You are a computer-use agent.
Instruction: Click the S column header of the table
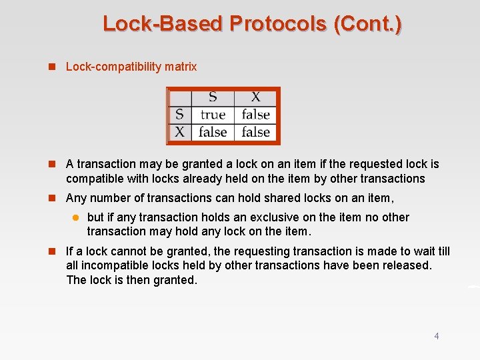click(213, 97)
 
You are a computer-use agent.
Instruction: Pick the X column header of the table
click(256, 97)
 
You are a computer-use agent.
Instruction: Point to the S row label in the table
click(179, 115)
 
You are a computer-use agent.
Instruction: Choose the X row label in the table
click(179, 132)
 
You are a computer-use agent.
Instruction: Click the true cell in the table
click(213, 115)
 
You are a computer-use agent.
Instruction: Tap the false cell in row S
click(256, 115)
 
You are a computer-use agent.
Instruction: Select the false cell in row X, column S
click(213, 132)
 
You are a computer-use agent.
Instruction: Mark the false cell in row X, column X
click(256, 132)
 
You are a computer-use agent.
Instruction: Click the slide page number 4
click(437, 336)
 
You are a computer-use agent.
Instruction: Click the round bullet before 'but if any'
click(75, 217)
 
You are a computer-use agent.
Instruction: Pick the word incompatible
click(115, 265)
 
